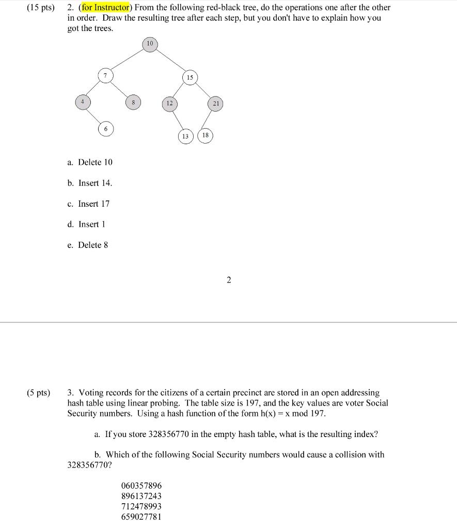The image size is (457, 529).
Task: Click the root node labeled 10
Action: click(x=150, y=44)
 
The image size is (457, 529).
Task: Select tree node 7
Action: click(x=105, y=76)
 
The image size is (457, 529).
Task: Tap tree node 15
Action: click(x=190, y=77)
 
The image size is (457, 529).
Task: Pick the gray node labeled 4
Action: click(x=82, y=102)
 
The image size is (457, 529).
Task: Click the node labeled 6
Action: click(x=105, y=129)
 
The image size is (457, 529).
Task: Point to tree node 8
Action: click(x=133, y=103)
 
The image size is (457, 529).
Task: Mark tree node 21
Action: click(x=216, y=104)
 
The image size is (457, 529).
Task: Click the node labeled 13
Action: click(x=185, y=136)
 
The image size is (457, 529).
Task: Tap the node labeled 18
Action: click(x=206, y=135)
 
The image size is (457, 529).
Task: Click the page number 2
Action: click(x=228, y=280)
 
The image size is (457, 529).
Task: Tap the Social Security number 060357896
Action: click(x=141, y=486)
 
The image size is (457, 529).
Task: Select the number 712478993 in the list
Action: click(x=141, y=506)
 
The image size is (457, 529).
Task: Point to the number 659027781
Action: click(x=141, y=517)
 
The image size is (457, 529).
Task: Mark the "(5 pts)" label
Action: click(x=38, y=393)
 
